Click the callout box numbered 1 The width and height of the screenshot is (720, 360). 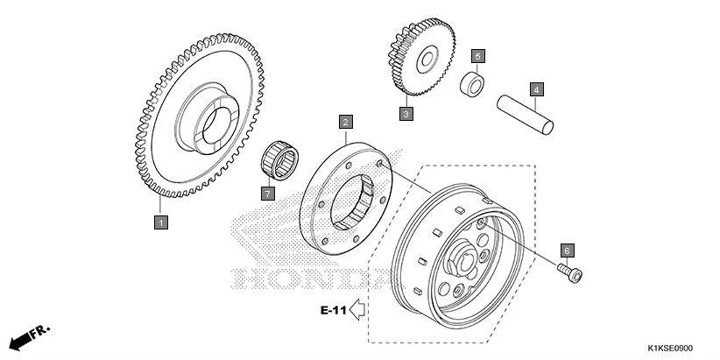pos(160,222)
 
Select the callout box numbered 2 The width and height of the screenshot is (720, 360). pos(347,123)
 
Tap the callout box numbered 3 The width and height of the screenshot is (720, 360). pos(406,113)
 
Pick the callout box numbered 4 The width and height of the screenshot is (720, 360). pos(536,88)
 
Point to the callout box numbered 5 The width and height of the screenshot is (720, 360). pos(477,57)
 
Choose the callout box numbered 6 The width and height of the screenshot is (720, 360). pos(567,250)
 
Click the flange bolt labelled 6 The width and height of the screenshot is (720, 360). pos(570,272)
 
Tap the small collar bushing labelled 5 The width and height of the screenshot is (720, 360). pos(474,86)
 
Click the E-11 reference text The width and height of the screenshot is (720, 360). pos(333,309)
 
